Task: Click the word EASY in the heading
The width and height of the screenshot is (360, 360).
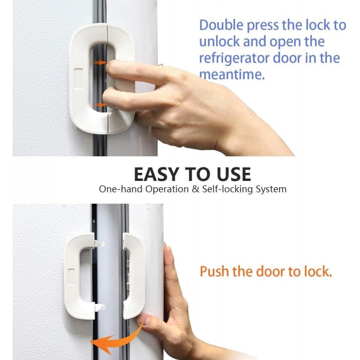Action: [156, 174]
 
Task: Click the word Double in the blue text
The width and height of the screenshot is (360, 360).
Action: [221, 25]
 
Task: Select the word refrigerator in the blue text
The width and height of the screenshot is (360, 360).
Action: [234, 58]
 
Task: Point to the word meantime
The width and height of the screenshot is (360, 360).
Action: [232, 74]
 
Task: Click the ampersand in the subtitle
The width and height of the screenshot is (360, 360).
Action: [195, 189]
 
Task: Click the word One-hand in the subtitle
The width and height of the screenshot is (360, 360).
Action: [121, 189]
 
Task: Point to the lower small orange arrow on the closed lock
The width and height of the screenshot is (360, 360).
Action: [100, 105]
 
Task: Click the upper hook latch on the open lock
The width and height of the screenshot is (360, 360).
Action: [99, 244]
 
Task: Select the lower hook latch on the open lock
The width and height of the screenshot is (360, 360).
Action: [100, 307]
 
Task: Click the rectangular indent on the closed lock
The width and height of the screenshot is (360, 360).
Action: [78, 78]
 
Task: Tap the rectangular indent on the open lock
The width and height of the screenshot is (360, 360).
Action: [71, 279]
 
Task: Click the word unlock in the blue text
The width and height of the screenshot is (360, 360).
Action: [219, 41]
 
